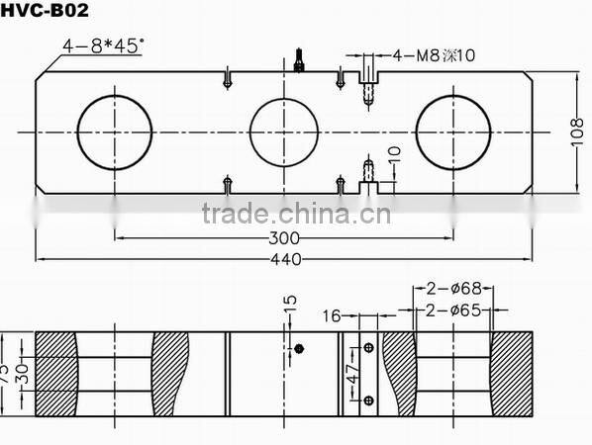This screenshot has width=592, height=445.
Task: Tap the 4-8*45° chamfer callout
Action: tap(103, 45)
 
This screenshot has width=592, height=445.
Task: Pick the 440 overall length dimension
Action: tap(285, 259)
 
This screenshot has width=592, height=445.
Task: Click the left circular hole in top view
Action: tap(115, 132)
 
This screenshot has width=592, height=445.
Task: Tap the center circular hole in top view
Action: tap(287, 132)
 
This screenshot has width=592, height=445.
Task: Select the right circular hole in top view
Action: tap(453, 132)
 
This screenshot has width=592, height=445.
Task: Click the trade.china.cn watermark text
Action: tap(295, 213)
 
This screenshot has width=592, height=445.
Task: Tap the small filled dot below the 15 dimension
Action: tap(299, 348)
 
